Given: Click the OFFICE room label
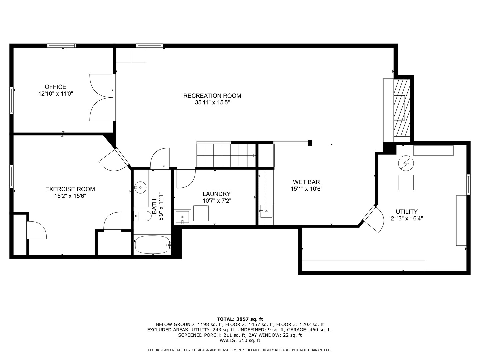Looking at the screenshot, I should tap(55, 87).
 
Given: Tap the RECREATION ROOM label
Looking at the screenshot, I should tap(212, 96).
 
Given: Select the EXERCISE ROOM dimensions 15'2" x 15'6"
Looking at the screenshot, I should tap(70, 196).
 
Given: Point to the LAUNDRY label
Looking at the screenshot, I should tap(216, 194).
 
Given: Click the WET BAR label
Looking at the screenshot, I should tap(306, 182).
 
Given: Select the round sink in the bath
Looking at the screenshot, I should tap(140, 188).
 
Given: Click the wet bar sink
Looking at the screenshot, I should tap(266, 211).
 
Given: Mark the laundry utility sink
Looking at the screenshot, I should tap(183, 217).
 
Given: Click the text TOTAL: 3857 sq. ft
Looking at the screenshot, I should tap(240, 319).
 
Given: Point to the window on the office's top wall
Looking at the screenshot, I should tap(62, 46).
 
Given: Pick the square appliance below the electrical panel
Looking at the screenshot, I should tap(406, 182).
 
